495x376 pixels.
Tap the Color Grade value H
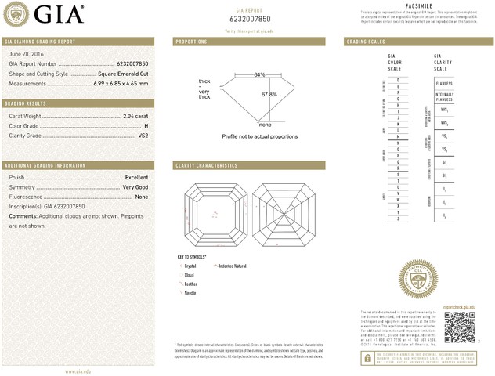pyautogui.click(x=146, y=125)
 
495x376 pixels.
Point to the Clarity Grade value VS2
pyautogui.click(x=143, y=136)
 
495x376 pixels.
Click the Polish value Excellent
pyautogui.click(x=136, y=178)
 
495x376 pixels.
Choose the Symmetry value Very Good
pyautogui.click(x=135, y=187)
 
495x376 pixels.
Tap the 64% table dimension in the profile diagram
pyautogui.click(x=259, y=74)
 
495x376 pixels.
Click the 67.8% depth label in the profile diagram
pyautogui.click(x=269, y=95)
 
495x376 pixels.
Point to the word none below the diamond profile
pyautogui.click(x=265, y=125)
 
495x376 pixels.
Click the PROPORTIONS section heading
pyautogui.click(x=191, y=41)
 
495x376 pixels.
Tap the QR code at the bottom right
pyautogui.click(x=460, y=327)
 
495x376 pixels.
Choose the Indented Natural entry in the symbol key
pyautogui.click(x=233, y=266)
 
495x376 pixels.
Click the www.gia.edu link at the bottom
pyautogui.click(x=78, y=371)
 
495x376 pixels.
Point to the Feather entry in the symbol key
pyautogui.click(x=190, y=284)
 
